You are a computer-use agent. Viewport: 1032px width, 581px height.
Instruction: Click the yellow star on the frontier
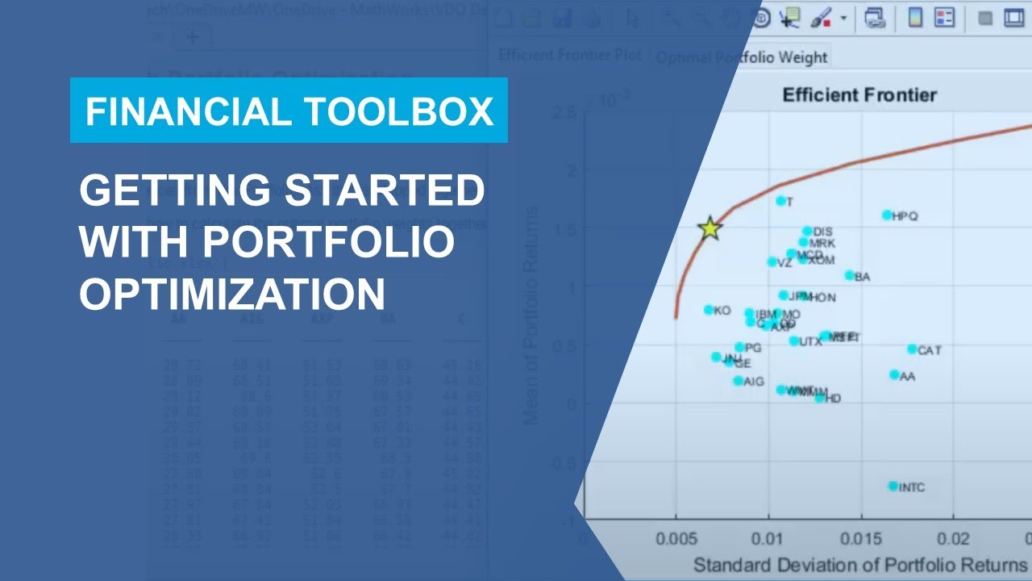[709, 228]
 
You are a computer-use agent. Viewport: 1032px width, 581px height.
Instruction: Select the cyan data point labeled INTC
[893, 486]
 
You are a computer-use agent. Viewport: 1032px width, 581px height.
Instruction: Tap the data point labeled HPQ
[887, 215]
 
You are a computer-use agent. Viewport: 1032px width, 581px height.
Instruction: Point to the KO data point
[709, 309]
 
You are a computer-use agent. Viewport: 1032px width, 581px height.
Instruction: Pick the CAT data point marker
[912, 349]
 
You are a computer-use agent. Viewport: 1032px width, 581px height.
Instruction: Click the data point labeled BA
[849, 275]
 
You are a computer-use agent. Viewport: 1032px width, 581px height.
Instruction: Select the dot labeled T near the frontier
[780, 200]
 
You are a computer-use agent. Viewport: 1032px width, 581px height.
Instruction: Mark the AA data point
[894, 374]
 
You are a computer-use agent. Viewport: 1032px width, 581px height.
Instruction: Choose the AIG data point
[738, 380]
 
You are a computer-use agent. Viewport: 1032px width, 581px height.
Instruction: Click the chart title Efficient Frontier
[859, 95]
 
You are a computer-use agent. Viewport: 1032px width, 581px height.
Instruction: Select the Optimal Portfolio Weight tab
[741, 57]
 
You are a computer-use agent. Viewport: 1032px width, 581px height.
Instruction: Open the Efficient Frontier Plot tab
[569, 55]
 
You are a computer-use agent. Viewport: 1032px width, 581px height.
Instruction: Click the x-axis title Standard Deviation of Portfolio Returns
[859, 563]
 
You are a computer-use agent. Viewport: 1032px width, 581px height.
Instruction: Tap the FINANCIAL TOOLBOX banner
[289, 111]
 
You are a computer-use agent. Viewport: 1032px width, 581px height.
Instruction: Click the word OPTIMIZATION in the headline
[232, 294]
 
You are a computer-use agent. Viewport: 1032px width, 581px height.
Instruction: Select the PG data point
[739, 347]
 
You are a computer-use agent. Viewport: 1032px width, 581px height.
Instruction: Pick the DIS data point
[807, 231]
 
